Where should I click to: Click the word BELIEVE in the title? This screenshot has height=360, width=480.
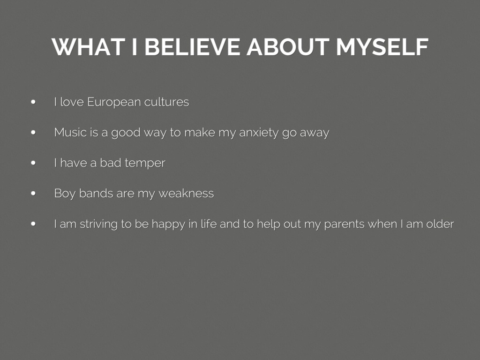click(x=192, y=47)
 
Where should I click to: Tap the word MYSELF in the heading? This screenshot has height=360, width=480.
click(x=382, y=47)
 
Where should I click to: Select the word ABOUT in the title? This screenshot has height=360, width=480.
click(x=288, y=47)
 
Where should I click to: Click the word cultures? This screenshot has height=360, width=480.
click(x=166, y=102)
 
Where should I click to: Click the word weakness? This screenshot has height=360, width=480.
click(x=186, y=194)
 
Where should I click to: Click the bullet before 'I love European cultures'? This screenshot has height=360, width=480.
click(x=33, y=102)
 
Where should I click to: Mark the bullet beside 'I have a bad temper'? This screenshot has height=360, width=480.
click(x=33, y=163)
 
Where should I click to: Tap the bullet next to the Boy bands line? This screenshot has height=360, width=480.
click(x=33, y=194)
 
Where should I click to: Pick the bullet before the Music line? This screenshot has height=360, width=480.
click(x=33, y=133)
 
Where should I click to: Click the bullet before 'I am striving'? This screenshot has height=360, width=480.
click(x=33, y=224)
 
